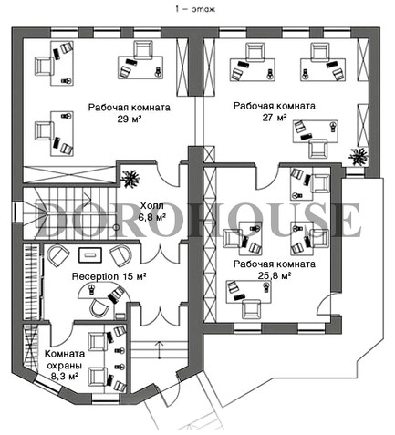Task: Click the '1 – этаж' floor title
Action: click(x=195, y=9)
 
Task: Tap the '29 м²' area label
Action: click(x=130, y=119)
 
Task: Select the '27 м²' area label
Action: click(x=275, y=118)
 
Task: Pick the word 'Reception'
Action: click(x=95, y=276)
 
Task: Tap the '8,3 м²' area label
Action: click(x=66, y=377)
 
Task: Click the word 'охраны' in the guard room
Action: click(x=65, y=366)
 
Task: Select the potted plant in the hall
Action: click(x=130, y=177)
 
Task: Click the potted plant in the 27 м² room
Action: click(x=359, y=157)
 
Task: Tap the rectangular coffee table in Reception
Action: click(x=90, y=254)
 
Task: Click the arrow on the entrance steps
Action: click(x=159, y=349)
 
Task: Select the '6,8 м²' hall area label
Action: click(x=152, y=217)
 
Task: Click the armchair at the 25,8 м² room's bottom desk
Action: click(x=252, y=309)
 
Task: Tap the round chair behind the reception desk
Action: click(x=99, y=307)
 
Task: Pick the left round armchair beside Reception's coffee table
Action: click(x=58, y=255)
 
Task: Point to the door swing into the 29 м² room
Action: click(x=168, y=175)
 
